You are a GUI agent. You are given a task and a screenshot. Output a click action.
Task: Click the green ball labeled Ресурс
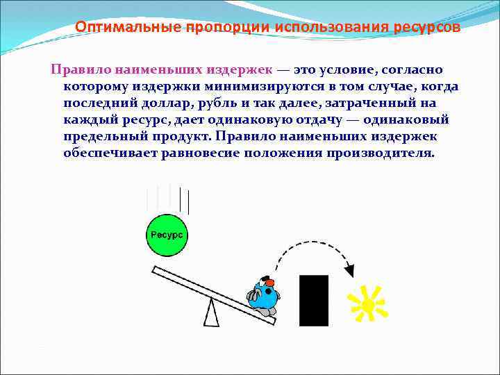click(167, 235)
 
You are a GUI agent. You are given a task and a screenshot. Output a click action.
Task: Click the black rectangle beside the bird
click(313, 300)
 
